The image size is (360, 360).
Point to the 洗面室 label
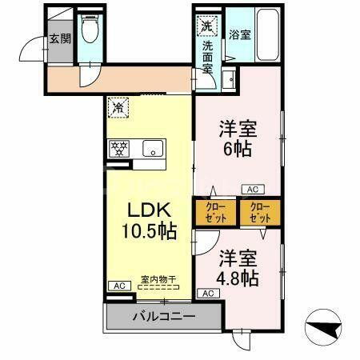coord(206,56)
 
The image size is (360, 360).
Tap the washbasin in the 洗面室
coord(229,79)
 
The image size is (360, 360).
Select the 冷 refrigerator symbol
coord(118,106)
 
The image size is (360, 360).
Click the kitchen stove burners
coord(119,148)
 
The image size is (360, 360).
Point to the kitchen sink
coord(151,148)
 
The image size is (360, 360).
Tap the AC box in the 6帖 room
coord(251,190)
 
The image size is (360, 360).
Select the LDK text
coord(149,210)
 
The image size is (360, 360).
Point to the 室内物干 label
coord(158,279)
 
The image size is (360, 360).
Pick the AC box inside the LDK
coord(118,286)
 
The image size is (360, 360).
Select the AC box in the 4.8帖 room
coord(207,294)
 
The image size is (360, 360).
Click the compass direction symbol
coord(324,328)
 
